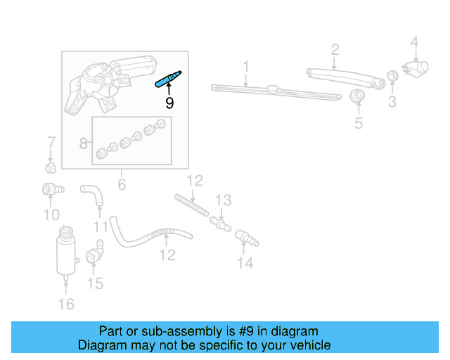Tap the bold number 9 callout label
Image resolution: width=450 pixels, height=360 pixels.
(x=169, y=103)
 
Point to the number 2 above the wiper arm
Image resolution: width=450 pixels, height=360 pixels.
(x=335, y=49)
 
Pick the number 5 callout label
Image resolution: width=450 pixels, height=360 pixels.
(x=358, y=124)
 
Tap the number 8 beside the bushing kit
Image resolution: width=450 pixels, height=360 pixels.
(x=84, y=143)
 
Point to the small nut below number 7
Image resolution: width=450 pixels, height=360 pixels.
(x=50, y=168)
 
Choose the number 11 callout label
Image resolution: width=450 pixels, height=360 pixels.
(x=101, y=227)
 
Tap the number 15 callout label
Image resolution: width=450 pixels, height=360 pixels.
(x=95, y=283)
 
